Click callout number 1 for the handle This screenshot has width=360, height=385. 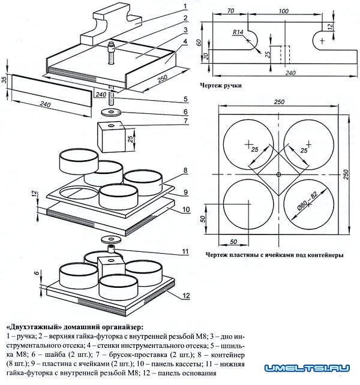point(185,6)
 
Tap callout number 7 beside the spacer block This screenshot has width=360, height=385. point(186,121)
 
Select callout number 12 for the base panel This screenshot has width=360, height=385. point(186,296)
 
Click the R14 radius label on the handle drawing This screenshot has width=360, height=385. point(238,32)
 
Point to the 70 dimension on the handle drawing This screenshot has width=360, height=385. point(230,11)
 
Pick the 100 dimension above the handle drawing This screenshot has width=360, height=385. point(283,11)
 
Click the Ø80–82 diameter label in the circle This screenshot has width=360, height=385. point(307,201)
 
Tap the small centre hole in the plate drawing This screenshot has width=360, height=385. point(278,175)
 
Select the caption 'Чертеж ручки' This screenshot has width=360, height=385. point(221,85)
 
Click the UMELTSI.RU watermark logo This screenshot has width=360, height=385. point(307,368)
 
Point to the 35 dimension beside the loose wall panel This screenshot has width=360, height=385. point(5,79)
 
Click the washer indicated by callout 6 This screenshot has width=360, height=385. point(111,113)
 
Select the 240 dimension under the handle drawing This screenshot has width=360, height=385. point(290,73)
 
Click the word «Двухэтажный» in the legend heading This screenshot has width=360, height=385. point(34,327)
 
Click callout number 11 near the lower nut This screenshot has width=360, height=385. point(185,251)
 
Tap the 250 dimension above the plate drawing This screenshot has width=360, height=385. point(279,102)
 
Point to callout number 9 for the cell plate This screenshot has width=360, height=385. point(186,192)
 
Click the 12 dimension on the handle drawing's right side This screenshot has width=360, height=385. point(331,26)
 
